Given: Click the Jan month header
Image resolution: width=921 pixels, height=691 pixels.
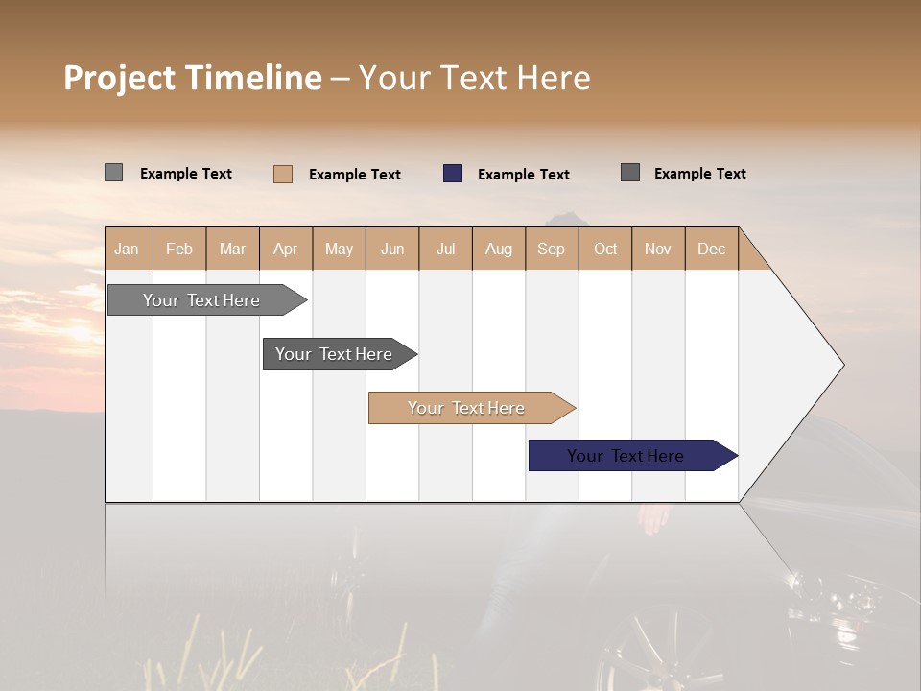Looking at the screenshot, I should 127,249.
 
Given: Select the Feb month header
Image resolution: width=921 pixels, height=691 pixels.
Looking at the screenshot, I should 179,249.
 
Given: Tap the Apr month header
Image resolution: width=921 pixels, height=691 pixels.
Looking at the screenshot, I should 285,249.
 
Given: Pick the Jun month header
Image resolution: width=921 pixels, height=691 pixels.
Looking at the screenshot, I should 392,249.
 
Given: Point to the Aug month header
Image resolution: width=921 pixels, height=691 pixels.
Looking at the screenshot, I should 498,249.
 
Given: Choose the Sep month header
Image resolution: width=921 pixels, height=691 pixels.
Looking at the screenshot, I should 551,249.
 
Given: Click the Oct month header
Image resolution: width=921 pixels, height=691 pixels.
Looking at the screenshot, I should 605,249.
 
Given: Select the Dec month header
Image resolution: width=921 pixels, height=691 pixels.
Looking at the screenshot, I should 711,249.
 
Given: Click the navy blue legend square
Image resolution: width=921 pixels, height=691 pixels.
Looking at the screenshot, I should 453,174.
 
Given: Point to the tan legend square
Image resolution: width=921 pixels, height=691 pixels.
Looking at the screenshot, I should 283,174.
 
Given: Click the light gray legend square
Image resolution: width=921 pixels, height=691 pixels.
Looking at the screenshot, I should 113,173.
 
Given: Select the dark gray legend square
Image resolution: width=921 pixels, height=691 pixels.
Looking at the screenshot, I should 630,173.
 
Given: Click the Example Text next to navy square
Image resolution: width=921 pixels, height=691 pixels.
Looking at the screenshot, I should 523,174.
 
